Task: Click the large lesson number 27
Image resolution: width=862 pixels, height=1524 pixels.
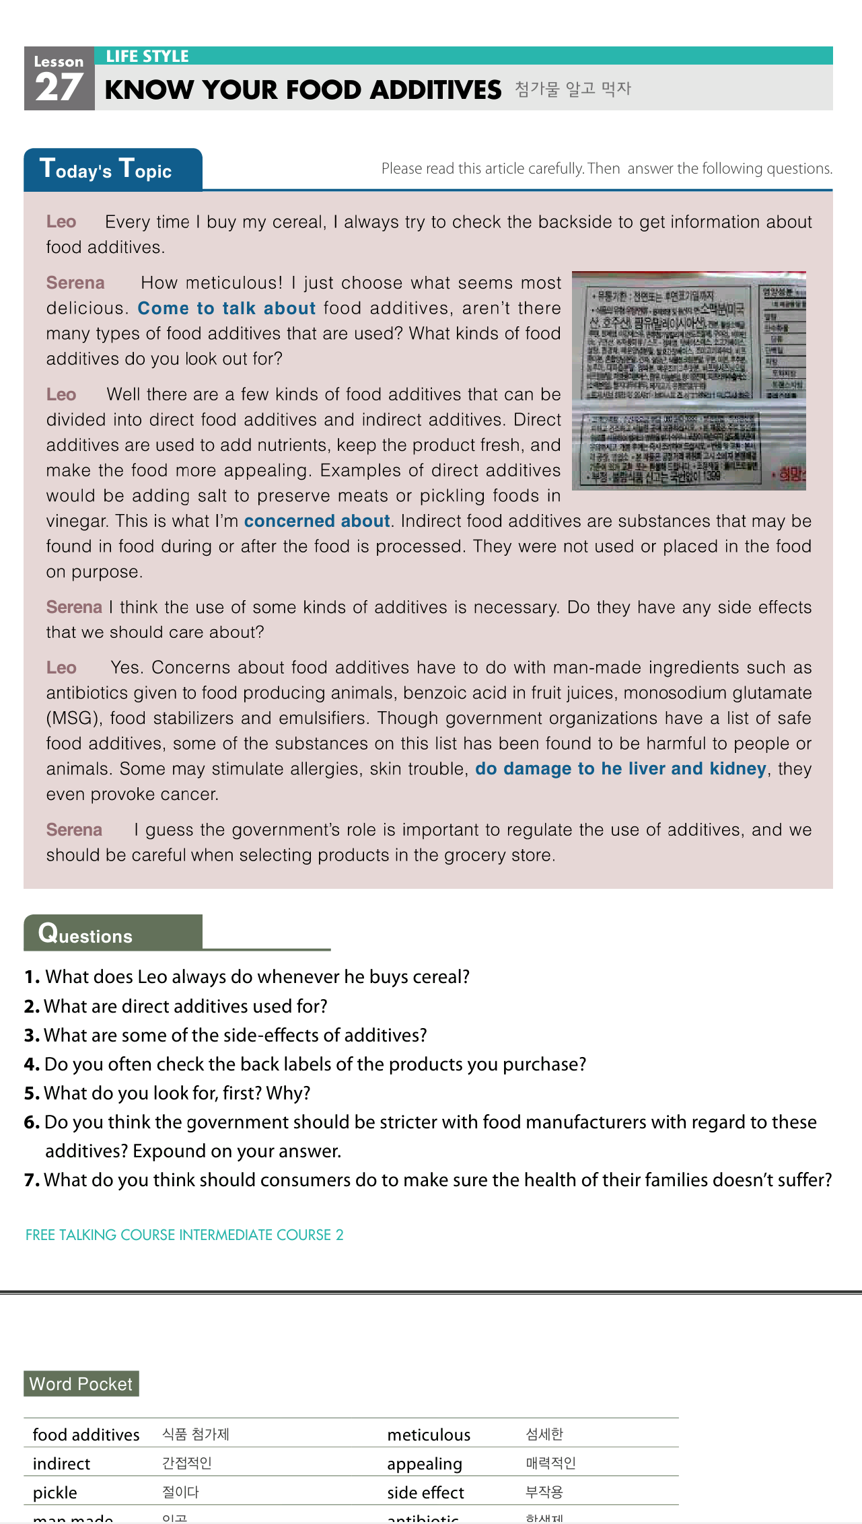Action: [x=59, y=88]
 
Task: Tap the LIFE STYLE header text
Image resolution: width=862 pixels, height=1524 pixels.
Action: [x=147, y=57]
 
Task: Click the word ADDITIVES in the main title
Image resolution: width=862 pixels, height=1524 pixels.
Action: [x=435, y=90]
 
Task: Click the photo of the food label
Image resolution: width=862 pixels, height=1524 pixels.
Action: [x=688, y=380]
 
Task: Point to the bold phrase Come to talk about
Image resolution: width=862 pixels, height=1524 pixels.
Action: [x=227, y=308]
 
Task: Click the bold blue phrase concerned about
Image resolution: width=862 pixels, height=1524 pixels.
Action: [x=317, y=521]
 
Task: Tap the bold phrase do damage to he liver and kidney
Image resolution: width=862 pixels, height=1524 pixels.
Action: [x=620, y=768]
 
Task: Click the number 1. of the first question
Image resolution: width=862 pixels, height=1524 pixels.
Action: [x=32, y=977]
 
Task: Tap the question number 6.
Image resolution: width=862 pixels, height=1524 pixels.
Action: [x=32, y=1122]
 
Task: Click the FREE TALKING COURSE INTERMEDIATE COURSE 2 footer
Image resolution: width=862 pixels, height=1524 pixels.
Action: [x=184, y=1235]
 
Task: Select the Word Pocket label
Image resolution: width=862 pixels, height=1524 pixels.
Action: [x=81, y=1384]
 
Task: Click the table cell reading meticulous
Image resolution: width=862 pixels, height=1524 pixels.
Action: [x=429, y=1435]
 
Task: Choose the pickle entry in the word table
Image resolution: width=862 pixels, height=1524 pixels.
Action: [x=55, y=1492]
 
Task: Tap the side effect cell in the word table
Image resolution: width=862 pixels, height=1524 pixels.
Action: [x=425, y=1492]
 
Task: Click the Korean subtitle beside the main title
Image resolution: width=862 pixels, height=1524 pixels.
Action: [x=573, y=89]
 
